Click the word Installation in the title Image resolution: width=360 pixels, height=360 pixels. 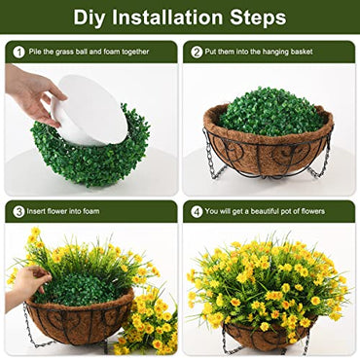click(x=170, y=18)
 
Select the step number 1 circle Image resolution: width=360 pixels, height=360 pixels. click(x=18, y=52)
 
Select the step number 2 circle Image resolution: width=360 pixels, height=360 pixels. click(x=197, y=52)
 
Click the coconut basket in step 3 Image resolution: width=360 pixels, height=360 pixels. click(x=78, y=321)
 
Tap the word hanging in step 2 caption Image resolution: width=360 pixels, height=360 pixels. click(x=292, y=52)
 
